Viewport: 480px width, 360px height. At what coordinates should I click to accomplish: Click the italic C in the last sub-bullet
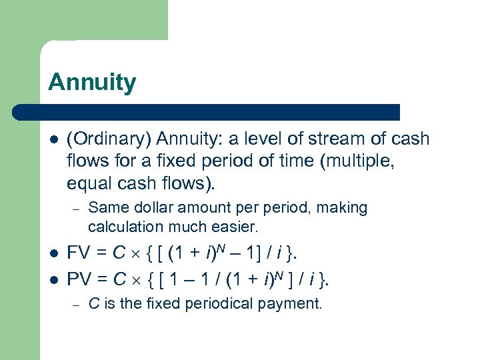[93, 304]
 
